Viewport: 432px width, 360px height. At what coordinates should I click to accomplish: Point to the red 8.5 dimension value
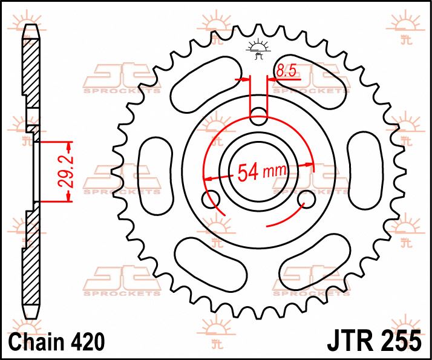click(x=285, y=71)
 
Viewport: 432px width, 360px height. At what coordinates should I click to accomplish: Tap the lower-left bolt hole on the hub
click(x=212, y=199)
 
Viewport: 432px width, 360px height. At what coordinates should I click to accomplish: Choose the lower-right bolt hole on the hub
click(x=307, y=198)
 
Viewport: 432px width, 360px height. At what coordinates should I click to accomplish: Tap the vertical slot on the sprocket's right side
click(x=365, y=167)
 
